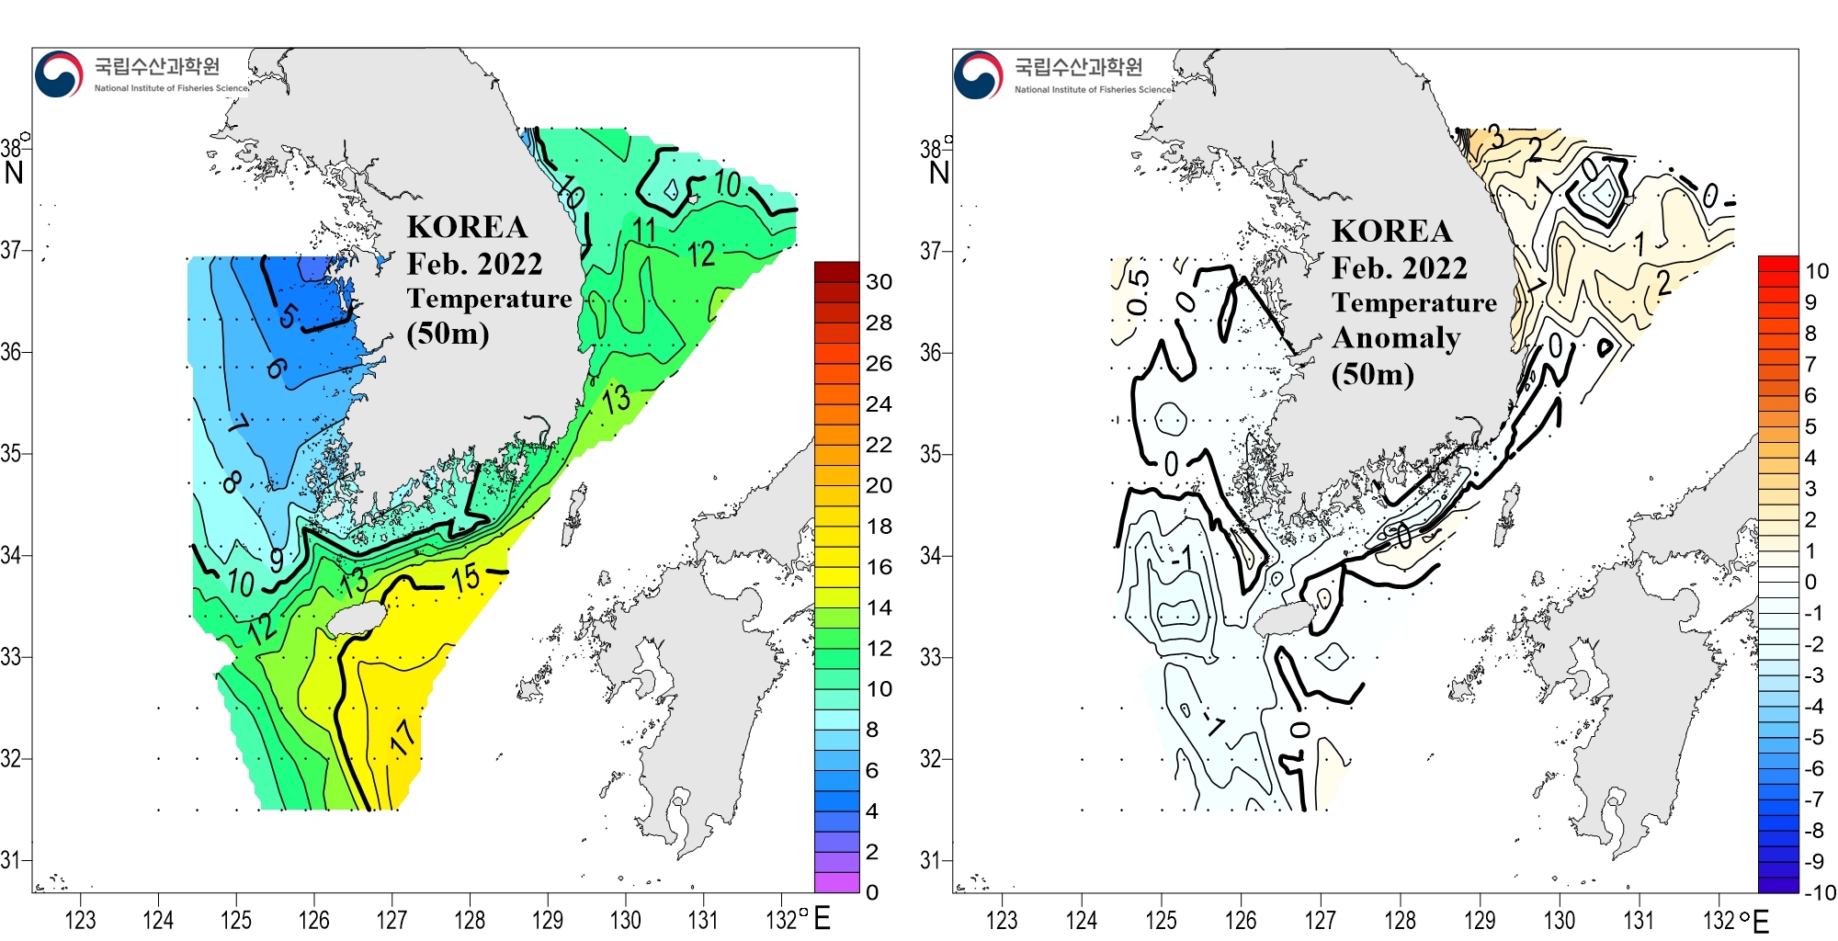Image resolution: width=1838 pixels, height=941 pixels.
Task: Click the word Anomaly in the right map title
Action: coord(1395,338)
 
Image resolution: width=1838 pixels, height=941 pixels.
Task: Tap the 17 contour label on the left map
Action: coord(403,737)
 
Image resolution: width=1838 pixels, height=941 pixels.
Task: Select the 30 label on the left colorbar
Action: coord(879,282)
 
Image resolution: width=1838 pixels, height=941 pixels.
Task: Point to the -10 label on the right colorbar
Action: coord(1819,892)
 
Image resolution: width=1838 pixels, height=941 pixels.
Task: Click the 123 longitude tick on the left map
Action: coord(80,920)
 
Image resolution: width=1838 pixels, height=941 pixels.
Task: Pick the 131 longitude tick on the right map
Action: coord(1639,920)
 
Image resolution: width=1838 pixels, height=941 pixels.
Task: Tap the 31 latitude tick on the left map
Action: coord(11,860)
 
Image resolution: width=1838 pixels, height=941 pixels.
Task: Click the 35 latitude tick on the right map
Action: coord(930,454)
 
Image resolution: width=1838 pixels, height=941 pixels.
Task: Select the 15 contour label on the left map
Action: coord(465,578)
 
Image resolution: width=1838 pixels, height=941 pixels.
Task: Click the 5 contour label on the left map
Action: coord(288,316)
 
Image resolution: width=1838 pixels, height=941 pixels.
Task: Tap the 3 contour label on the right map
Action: coord(1496,137)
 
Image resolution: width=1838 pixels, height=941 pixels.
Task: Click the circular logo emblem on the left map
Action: coord(59,74)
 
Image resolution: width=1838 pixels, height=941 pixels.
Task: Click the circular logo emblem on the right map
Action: coord(978,74)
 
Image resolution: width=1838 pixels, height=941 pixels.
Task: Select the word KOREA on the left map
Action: coord(467,227)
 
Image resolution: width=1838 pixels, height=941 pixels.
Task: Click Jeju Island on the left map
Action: coord(356,618)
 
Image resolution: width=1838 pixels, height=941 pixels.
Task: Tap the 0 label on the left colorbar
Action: coord(872,892)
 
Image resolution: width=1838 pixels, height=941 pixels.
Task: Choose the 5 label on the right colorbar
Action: coord(1810,426)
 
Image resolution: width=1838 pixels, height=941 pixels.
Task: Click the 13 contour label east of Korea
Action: coord(617,399)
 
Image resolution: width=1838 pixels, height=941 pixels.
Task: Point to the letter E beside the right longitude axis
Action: coord(1761,921)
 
